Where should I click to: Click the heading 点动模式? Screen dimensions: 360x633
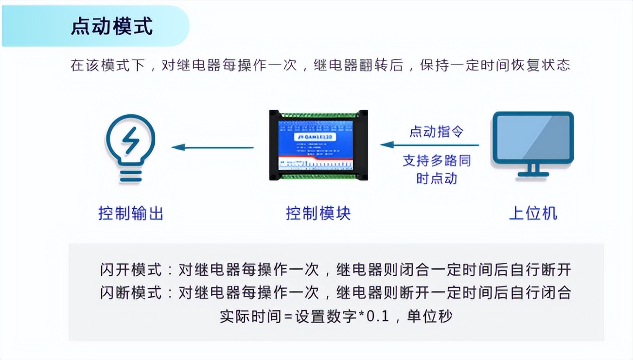(112, 26)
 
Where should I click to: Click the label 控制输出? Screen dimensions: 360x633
(131, 213)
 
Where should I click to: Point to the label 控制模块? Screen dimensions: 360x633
(318, 213)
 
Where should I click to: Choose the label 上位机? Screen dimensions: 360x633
(533, 213)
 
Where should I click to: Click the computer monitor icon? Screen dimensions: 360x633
(533, 139)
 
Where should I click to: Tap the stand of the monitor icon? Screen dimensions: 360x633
(533, 170)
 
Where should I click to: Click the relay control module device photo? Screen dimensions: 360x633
(318, 145)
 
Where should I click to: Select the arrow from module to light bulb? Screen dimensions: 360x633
(212, 147)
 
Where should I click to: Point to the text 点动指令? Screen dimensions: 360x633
(436, 131)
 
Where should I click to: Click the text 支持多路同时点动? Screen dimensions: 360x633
(437, 169)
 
